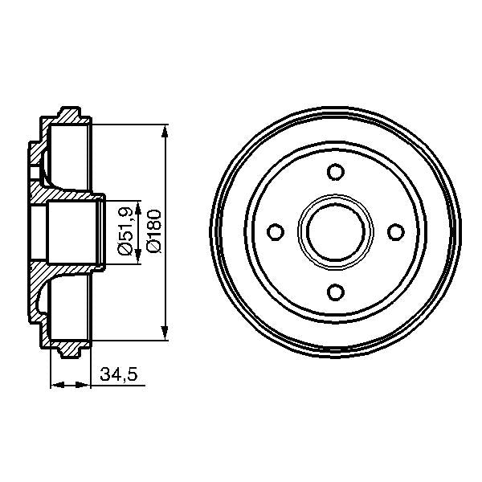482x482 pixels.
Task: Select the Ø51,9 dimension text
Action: [x=125, y=231]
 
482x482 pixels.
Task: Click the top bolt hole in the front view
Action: [x=336, y=171]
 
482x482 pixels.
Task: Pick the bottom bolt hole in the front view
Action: [x=336, y=292]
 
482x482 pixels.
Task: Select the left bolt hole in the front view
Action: [x=276, y=231]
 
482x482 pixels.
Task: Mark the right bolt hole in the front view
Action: [x=395, y=231]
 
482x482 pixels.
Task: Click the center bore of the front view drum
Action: [x=336, y=231]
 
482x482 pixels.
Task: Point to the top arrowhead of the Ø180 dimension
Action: [x=165, y=131]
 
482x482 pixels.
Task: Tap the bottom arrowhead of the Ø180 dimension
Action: [x=165, y=333]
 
